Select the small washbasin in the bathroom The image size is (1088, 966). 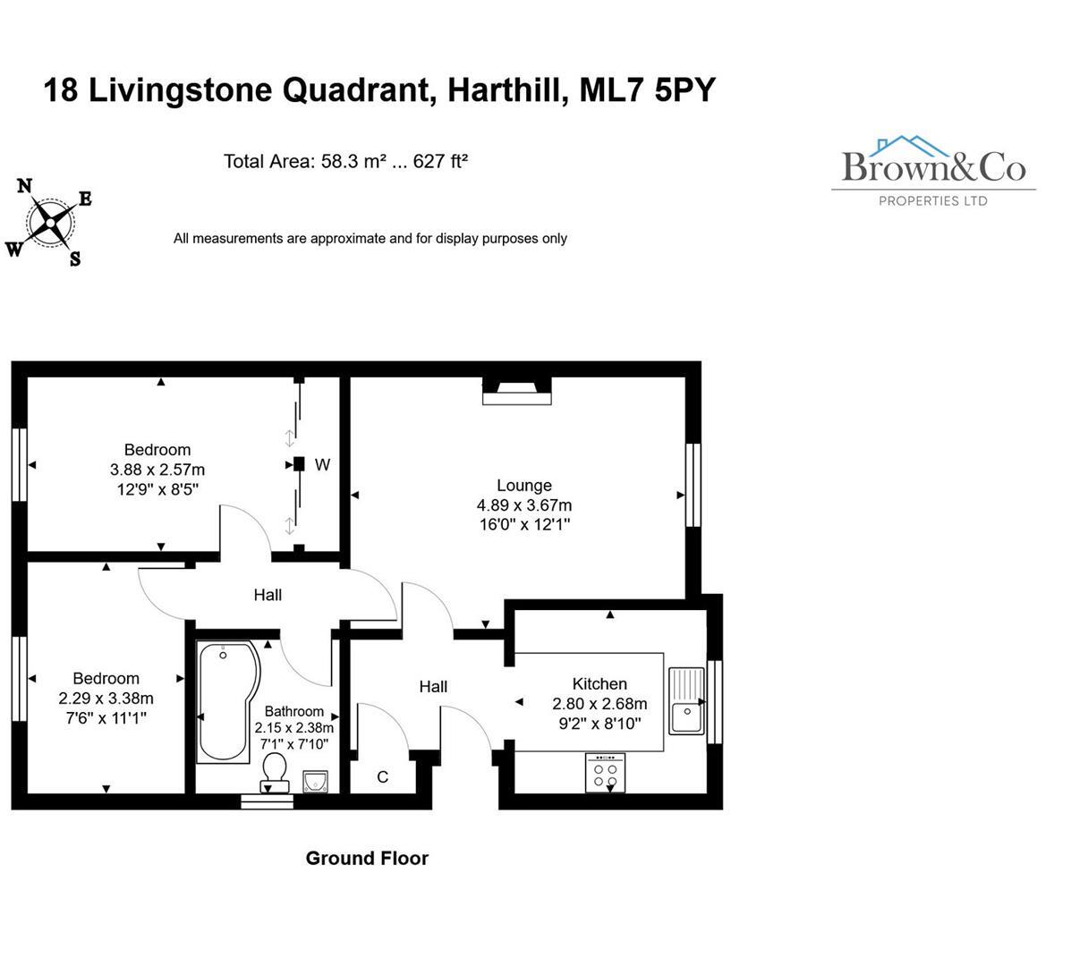316,783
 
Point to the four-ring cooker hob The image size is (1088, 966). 606,772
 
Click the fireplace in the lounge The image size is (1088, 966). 516,391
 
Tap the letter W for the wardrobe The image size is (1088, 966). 322,465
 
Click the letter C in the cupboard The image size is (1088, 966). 383,777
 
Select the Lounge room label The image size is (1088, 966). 524,486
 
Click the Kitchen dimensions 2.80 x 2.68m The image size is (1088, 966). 599,704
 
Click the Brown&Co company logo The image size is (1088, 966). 933,170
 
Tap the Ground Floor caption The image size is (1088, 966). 367,859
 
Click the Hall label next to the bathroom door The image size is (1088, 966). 268,595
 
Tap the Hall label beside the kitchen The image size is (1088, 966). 433,687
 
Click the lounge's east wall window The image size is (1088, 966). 692,486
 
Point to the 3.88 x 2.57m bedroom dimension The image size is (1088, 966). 157,470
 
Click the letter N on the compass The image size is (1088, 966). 25,185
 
